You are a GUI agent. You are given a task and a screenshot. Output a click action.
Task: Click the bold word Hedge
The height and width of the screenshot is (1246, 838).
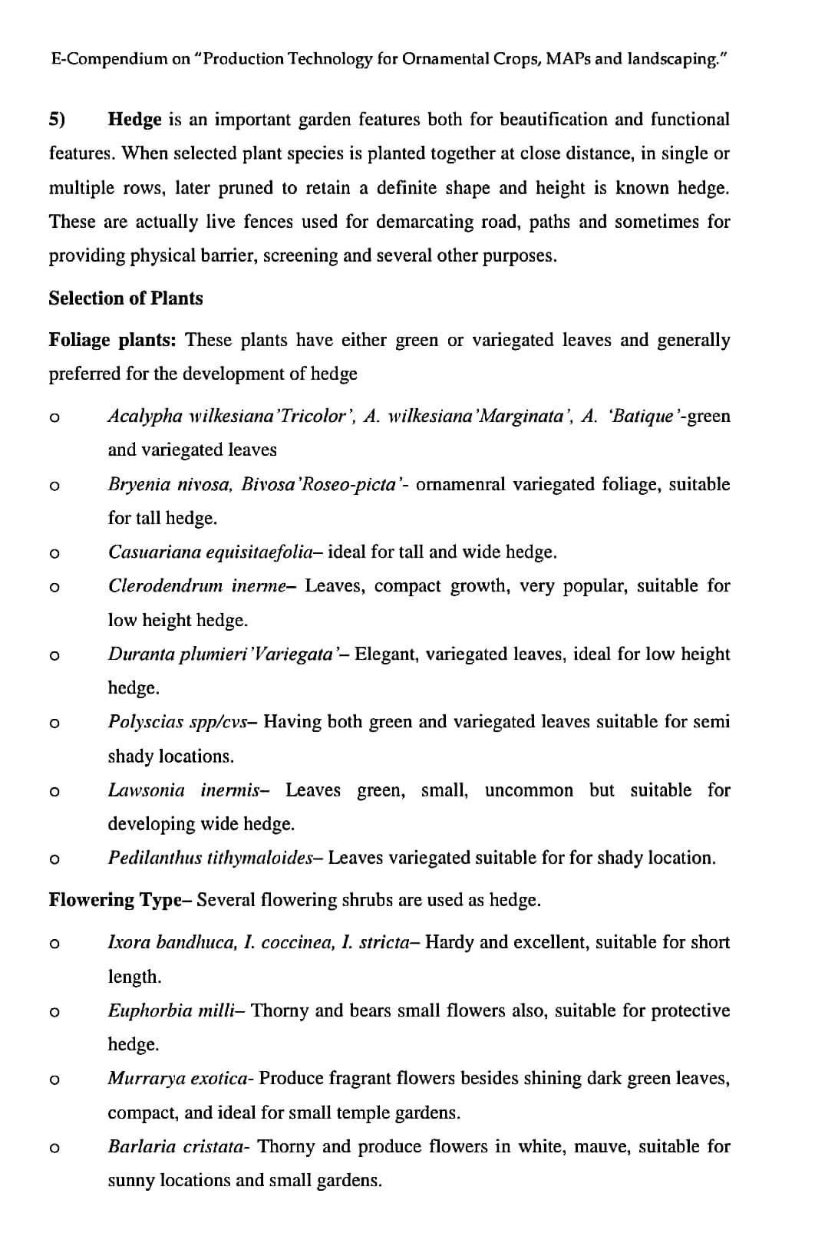[135, 120]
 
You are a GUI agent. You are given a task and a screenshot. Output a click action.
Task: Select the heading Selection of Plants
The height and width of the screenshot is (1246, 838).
[126, 298]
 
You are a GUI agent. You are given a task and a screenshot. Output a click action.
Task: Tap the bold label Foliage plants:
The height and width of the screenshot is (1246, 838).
[112, 340]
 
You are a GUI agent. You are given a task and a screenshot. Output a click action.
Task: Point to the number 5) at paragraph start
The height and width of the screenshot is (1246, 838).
[58, 120]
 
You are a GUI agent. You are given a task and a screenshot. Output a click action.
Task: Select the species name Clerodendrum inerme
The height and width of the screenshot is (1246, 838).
[197, 586]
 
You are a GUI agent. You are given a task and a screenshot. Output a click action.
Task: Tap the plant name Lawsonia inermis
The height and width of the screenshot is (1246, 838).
[184, 790]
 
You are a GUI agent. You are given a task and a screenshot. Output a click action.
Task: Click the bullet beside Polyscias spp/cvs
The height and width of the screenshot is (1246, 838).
[54, 723]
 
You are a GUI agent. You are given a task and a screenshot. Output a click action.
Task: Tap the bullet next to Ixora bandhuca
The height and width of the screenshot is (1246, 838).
[54, 944]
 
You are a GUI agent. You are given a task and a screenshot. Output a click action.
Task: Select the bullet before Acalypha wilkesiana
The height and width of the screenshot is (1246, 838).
[54, 417]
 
